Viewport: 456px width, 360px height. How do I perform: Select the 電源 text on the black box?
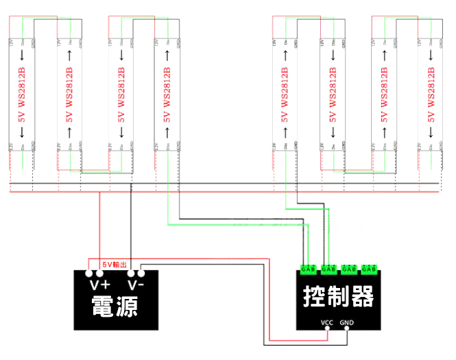pos(115,305)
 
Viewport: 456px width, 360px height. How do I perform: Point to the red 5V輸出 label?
pos(115,264)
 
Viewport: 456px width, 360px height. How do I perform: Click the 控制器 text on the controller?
pos(339,296)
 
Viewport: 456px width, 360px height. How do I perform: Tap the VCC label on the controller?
pos(328,322)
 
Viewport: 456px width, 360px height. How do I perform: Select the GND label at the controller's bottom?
pos(347,322)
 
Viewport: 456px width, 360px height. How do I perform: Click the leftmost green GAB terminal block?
pos(308,268)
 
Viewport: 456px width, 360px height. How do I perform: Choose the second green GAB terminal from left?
pos(328,268)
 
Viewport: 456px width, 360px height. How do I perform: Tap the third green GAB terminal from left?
pos(350,268)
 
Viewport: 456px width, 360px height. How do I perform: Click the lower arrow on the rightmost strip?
pos(431,136)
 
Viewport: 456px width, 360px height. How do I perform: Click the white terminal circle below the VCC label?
pos(328,329)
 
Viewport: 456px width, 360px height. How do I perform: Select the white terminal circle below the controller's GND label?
pos(347,329)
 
